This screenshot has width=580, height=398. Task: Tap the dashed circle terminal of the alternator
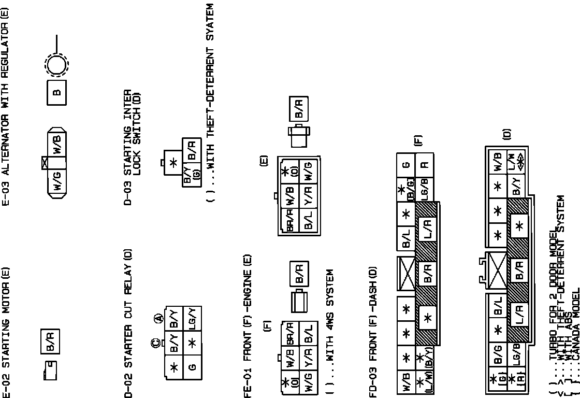pyautogui.click(x=56, y=65)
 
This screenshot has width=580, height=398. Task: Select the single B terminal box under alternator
pyautogui.click(x=56, y=93)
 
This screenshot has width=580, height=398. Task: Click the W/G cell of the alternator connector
pyautogui.click(x=56, y=181)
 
